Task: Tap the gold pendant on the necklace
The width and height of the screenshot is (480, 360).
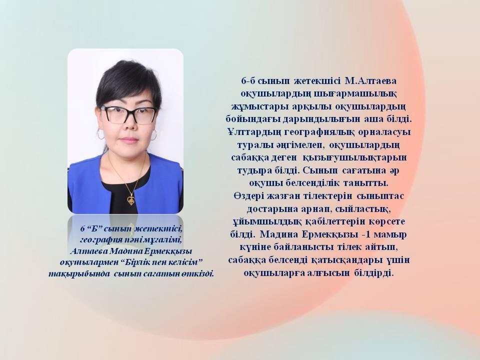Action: [x=130, y=200]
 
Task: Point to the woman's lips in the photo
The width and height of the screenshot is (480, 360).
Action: [x=129, y=140]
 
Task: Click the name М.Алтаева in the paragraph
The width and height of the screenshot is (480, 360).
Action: [x=370, y=81]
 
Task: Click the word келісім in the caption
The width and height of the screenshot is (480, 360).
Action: [x=186, y=262]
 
